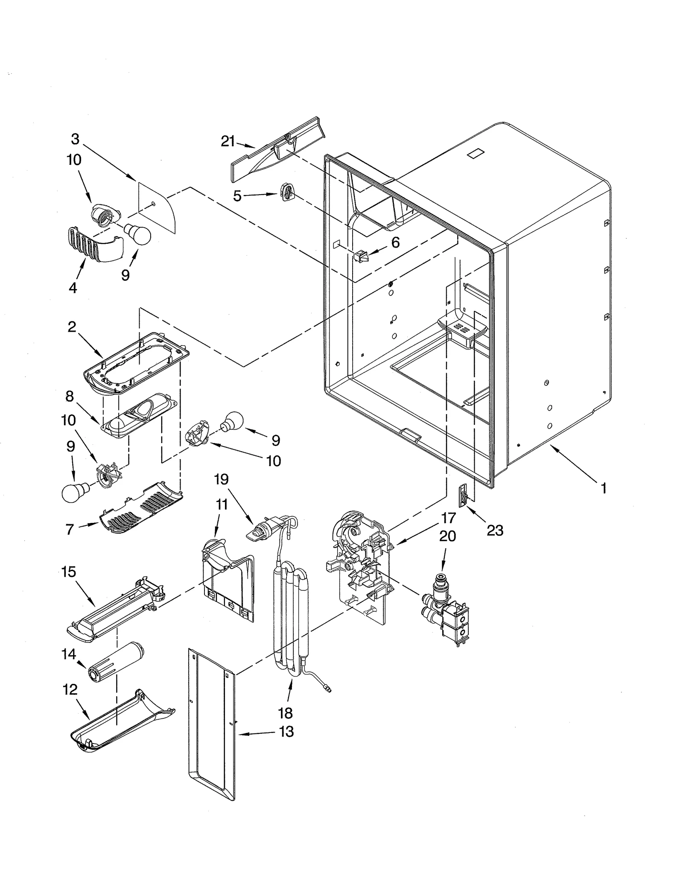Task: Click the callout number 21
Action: pyautogui.click(x=228, y=141)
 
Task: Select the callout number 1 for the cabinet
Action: pyautogui.click(x=603, y=488)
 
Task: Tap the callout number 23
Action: pyautogui.click(x=495, y=531)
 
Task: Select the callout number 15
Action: pyautogui.click(x=69, y=572)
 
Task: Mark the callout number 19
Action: pyautogui.click(x=221, y=479)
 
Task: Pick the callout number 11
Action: pyautogui.click(x=221, y=505)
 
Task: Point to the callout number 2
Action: pyautogui.click(x=72, y=327)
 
